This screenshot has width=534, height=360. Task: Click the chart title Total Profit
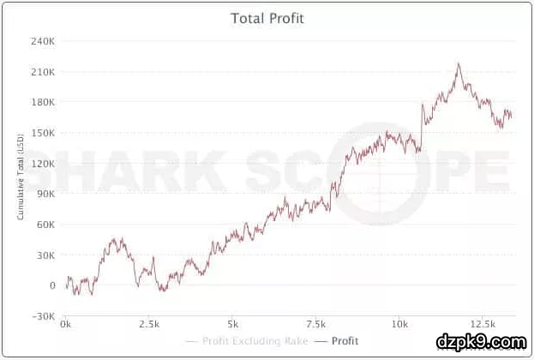(x=267, y=18)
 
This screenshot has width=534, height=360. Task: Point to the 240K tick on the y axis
(x=43, y=41)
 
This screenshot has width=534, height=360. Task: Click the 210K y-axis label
(x=43, y=72)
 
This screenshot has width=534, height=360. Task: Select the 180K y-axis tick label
(x=43, y=102)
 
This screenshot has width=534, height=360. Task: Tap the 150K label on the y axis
(x=43, y=133)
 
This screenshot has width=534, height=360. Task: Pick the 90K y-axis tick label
(x=45, y=194)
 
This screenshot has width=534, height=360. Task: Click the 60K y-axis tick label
(x=45, y=225)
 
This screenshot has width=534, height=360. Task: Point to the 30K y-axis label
(x=45, y=255)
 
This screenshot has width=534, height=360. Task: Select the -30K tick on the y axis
(x=44, y=316)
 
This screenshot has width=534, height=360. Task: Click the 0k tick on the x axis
(x=66, y=325)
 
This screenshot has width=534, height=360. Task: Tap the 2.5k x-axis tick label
(x=149, y=325)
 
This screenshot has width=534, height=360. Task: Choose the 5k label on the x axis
(x=232, y=325)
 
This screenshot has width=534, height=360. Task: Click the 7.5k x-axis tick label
(x=315, y=325)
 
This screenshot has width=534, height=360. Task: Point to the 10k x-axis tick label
(x=399, y=325)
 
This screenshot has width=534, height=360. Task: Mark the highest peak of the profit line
(x=459, y=63)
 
